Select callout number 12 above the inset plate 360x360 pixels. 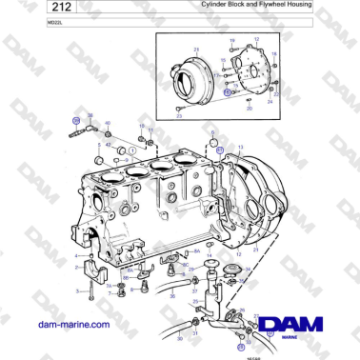255,39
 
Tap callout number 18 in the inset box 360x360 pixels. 274,55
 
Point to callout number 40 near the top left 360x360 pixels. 107,123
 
